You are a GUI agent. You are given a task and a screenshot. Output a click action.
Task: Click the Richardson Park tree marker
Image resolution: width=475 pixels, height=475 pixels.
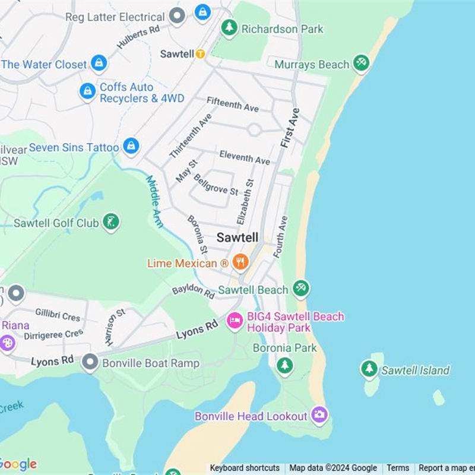pos(229,27)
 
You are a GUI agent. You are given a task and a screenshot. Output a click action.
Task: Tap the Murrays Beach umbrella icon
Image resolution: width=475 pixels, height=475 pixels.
pos(361,62)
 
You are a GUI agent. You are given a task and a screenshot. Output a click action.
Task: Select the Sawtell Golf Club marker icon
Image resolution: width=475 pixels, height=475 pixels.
pos(110,222)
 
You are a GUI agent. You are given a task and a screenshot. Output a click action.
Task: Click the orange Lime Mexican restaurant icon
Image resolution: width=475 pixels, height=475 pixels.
pos(240,262)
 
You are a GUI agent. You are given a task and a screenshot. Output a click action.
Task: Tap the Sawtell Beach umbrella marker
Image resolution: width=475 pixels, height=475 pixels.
pos(301,289)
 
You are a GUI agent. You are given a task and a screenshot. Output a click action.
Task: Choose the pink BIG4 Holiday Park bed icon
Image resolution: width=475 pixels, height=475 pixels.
pos(235,321)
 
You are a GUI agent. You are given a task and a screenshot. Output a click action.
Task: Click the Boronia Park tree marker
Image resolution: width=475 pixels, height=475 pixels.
pos(285,366)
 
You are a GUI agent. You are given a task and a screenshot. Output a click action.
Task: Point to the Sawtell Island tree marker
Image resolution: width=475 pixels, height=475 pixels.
pos(369,369)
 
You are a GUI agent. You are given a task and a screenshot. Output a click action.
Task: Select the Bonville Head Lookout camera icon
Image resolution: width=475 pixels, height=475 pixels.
pos(319,415)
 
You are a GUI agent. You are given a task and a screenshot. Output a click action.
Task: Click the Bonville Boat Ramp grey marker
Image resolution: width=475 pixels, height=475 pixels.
pos(90,362)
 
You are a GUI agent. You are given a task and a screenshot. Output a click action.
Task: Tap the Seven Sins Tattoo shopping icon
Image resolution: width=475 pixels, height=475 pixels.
pos(131,145)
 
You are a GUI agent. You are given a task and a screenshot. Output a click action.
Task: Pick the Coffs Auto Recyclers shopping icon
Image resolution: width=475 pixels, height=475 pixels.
pos(88,91)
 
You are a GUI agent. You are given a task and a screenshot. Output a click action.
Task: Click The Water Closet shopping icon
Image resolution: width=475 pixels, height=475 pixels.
pos(99,63)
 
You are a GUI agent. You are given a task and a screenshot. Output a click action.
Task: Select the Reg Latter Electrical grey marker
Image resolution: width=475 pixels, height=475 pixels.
pos(176,16)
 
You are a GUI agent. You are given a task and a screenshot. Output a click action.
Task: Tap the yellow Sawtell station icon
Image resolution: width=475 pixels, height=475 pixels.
pos(201,54)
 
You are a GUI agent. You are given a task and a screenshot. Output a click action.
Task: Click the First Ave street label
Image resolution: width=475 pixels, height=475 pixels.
pos(290,128)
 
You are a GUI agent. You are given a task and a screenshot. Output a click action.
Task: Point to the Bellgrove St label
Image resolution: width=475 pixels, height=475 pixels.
pos(216,185)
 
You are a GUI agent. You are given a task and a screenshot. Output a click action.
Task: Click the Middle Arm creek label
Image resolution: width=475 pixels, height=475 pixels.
pos(154,198)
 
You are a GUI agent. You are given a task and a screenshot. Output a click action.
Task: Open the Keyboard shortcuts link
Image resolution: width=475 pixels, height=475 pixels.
pos(245,468)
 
